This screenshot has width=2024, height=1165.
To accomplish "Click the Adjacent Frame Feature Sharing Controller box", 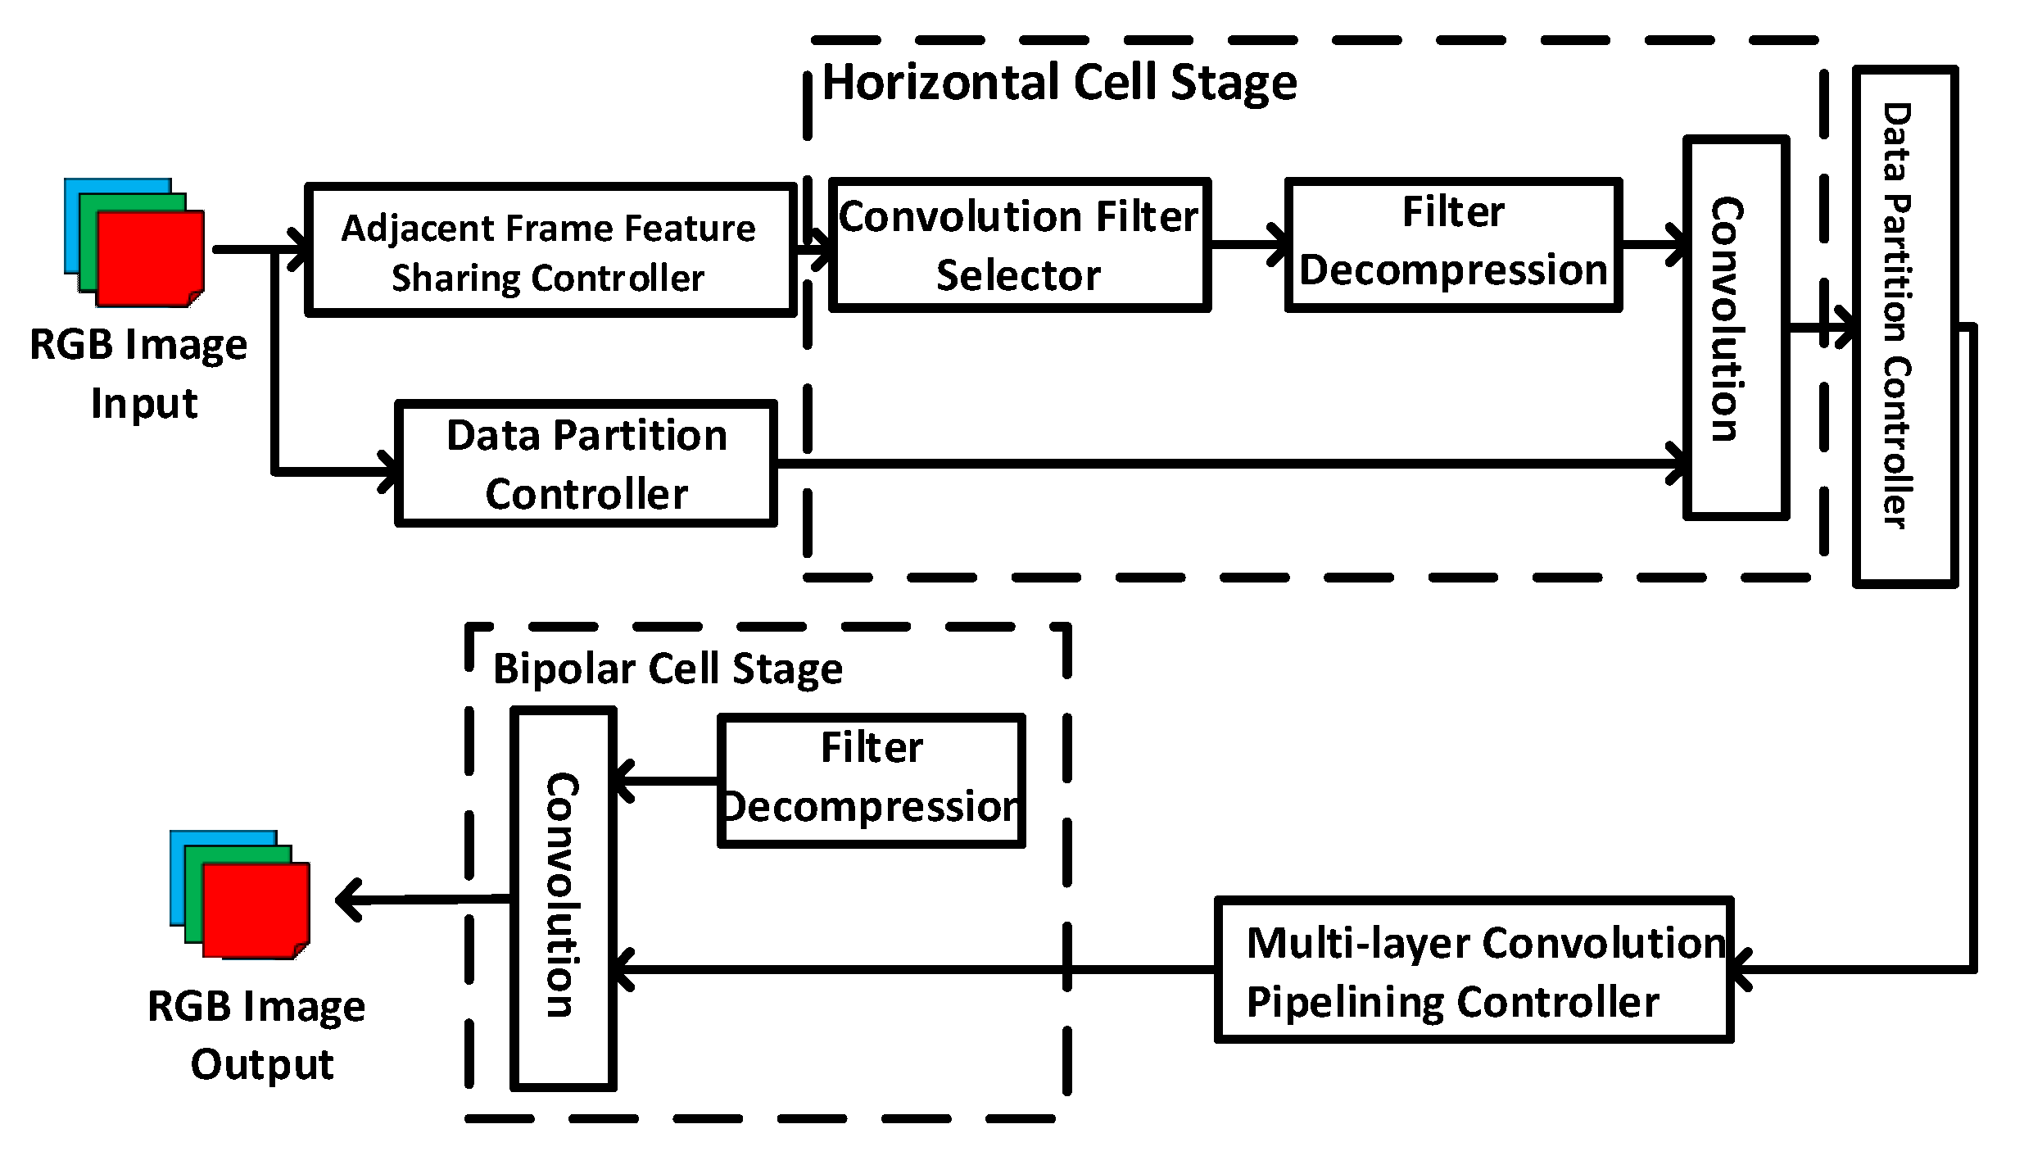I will coord(549,251).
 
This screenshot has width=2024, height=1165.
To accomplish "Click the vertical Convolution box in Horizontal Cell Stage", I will coord(1735,328).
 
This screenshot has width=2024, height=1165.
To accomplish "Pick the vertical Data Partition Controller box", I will coord(1904,326).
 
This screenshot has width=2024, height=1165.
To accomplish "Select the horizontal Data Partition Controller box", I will coord(585,464).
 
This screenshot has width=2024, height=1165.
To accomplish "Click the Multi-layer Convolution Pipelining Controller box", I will coord(1472,970).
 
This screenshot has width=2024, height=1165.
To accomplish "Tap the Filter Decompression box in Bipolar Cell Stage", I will coord(871,780).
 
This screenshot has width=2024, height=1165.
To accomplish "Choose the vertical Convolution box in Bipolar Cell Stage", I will coord(564,899).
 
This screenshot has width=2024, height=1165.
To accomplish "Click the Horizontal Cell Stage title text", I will coord(1058,83).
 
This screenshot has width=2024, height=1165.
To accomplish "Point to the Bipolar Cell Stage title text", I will coord(667,669).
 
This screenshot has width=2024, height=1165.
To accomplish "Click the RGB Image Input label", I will coord(139,373).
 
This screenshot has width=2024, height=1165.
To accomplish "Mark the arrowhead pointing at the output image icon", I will coord(347,900).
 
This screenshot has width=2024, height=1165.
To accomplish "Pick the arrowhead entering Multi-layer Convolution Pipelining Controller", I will coord(1741,970).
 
